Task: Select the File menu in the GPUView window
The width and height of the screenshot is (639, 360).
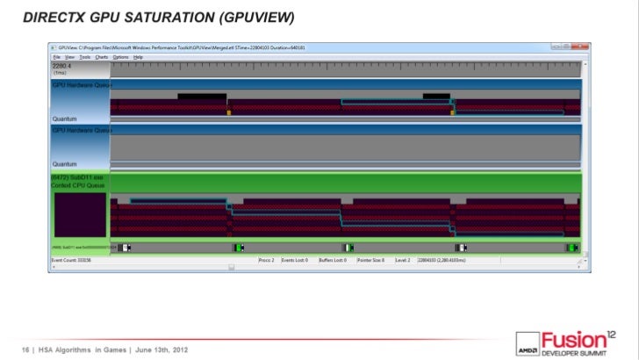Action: pos(56,56)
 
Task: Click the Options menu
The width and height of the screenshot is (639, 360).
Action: pos(120,56)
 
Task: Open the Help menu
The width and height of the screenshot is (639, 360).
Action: pos(139,56)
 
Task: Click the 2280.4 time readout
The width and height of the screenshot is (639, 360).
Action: pos(63,66)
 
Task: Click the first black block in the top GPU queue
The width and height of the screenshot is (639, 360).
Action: pos(201,97)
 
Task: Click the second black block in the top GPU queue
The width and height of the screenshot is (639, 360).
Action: pos(436,97)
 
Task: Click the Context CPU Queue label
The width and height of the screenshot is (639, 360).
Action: pos(78,185)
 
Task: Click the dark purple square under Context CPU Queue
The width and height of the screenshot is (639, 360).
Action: pos(80,213)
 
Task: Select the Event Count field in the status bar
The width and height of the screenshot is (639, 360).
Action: pos(71,261)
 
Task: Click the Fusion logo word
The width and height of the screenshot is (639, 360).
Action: pos(571,338)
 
